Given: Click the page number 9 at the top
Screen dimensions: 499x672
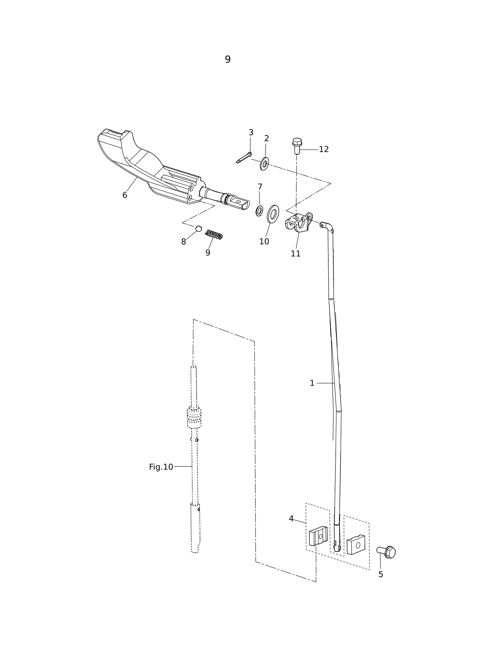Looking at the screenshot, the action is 228,60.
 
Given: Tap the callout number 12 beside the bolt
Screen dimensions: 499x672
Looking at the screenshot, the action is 324,150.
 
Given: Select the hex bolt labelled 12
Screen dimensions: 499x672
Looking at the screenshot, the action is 297,146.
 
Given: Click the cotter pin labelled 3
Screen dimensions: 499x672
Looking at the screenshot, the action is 244,158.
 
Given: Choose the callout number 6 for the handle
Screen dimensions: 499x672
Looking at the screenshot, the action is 125,195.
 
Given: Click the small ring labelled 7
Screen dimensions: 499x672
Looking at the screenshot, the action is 259,211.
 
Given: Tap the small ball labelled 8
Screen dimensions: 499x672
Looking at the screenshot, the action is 198,228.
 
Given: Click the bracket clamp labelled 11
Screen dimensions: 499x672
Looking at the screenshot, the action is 298,222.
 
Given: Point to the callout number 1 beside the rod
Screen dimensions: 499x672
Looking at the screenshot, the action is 312,383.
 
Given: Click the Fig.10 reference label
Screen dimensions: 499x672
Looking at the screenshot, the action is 161,467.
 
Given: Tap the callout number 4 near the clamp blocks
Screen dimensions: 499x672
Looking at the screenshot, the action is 291,519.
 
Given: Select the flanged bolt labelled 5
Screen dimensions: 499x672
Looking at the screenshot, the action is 386,552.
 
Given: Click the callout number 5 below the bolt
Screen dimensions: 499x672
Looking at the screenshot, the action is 381,575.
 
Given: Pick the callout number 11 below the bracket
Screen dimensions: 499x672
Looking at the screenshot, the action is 296,254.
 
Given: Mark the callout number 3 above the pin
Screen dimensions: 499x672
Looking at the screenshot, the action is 251,133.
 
